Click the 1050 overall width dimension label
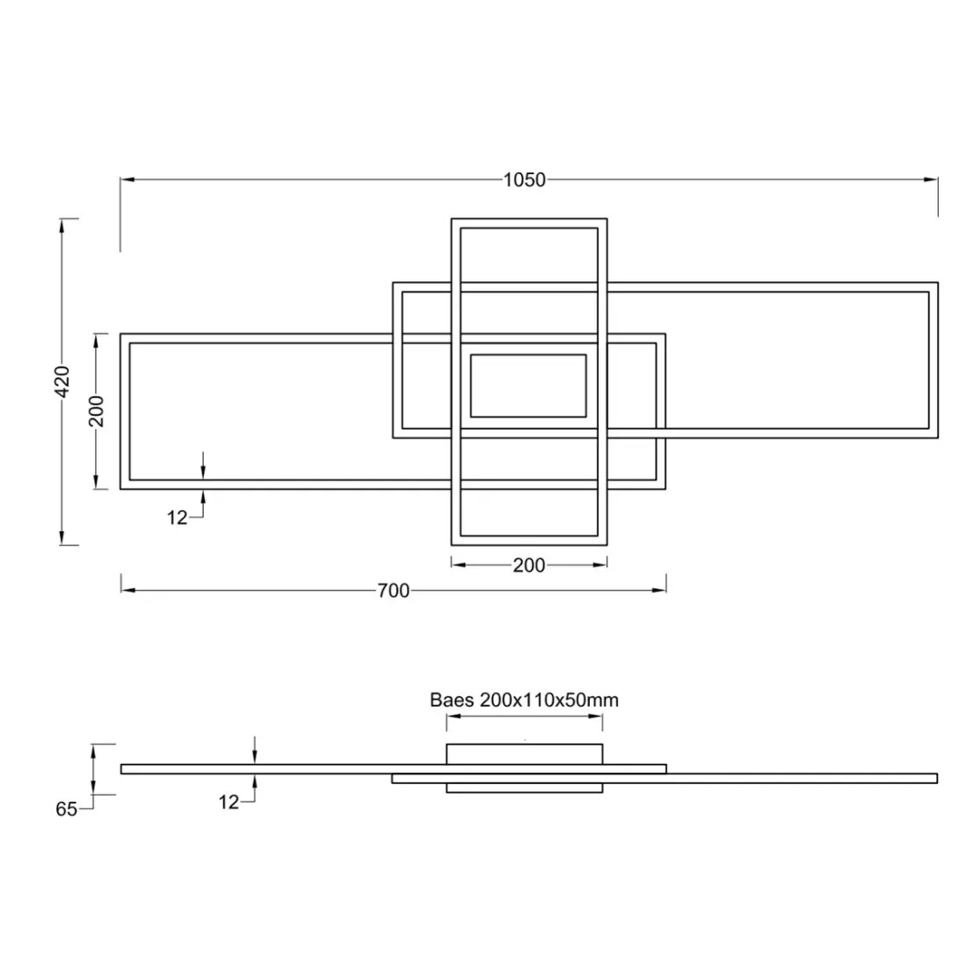(524, 180)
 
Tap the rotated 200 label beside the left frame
(97, 411)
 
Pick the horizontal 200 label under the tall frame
(528, 565)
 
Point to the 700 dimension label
(393, 591)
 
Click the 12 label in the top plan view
(178, 518)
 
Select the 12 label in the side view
(229, 802)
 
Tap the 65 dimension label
(67, 810)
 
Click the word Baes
(452, 701)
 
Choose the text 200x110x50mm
(549, 701)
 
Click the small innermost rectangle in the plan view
(528, 386)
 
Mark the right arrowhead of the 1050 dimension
(931, 180)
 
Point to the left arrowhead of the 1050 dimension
(127, 180)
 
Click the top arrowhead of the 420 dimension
(62, 226)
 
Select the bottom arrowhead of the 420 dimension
(62, 538)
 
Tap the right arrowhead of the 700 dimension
(659, 590)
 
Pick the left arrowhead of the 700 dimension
(127, 590)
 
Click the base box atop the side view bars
(524, 754)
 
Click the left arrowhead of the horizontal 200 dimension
(457, 564)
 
